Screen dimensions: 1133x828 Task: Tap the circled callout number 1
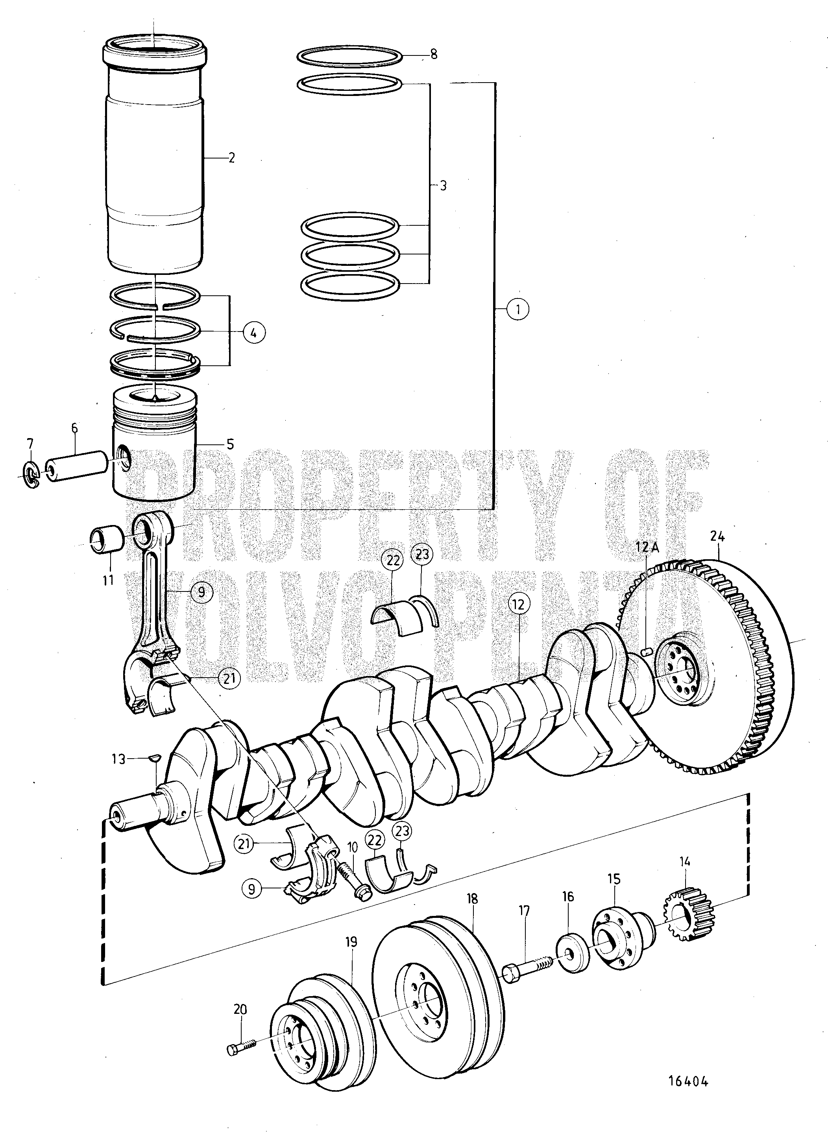click(x=518, y=310)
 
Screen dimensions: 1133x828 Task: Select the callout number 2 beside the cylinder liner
click(x=231, y=158)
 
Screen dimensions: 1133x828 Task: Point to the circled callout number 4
click(x=254, y=332)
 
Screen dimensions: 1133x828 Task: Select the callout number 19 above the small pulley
click(x=351, y=943)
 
